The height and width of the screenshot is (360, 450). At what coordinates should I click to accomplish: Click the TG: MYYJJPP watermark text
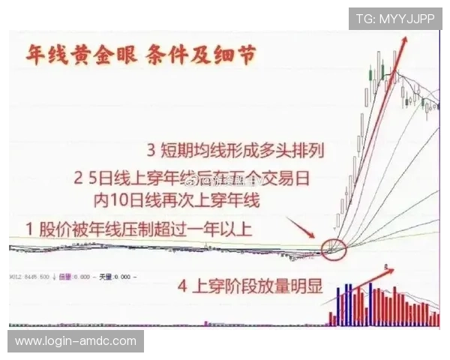pyautogui.click(x=395, y=19)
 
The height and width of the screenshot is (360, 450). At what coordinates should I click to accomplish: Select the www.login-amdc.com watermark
pyautogui.click(x=75, y=342)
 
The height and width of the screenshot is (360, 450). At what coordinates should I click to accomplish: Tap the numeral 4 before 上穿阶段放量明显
pyautogui.click(x=182, y=286)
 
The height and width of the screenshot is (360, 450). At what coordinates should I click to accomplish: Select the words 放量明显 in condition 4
pyautogui.click(x=289, y=286)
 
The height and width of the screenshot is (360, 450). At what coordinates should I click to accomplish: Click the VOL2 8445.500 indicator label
pyautogui.click(x=29, y=277)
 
